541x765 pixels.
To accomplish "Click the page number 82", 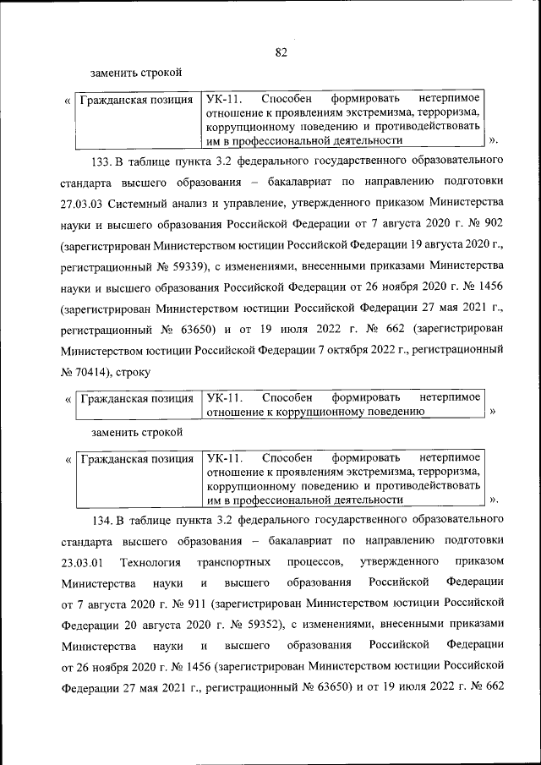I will tap(281, 52).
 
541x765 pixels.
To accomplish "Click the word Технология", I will tap(150, 562).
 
